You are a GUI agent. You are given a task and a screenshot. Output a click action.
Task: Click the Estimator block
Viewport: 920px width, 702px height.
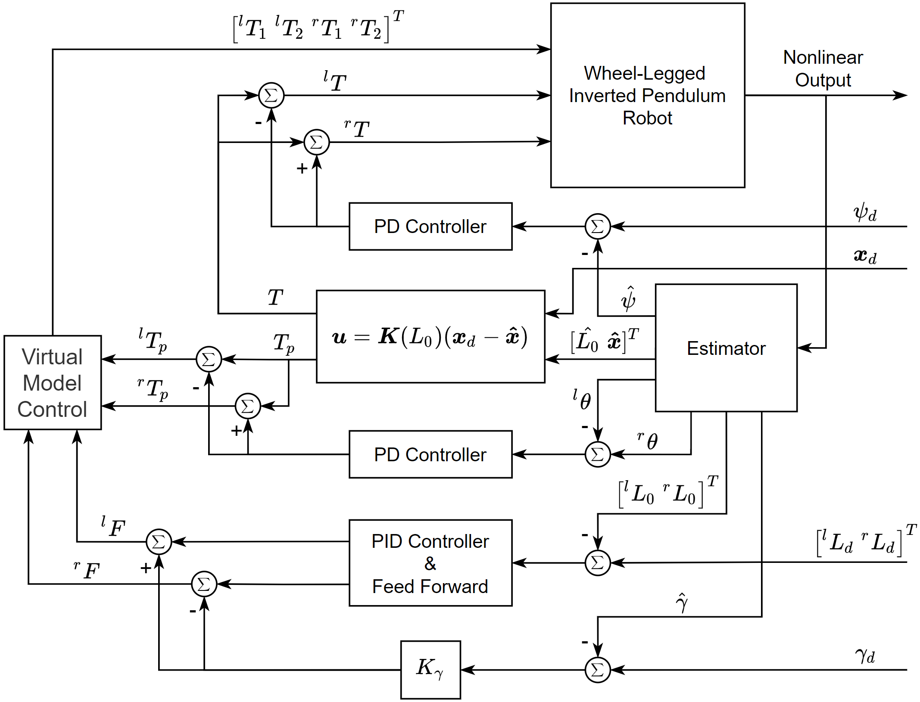click(726, 348)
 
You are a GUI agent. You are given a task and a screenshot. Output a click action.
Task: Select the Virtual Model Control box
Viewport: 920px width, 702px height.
click(53, 382)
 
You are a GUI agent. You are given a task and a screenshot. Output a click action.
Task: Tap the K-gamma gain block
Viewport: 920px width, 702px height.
click(430, 669)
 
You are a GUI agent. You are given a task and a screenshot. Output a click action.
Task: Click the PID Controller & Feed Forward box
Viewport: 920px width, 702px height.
click(430, 563)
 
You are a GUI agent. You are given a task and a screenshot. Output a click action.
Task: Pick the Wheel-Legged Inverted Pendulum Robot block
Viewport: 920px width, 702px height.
click(647, 96)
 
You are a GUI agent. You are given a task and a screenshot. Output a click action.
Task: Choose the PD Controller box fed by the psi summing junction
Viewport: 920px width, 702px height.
click(430, 227)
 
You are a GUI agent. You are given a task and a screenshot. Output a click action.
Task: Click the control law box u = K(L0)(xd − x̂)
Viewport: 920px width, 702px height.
click(430, 337)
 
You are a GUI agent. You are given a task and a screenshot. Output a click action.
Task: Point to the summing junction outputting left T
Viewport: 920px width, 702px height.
click(271, 95)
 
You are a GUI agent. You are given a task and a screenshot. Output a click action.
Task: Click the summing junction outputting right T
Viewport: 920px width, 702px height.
click(317, 142)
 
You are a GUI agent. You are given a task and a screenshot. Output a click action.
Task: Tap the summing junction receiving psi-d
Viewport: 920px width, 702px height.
click(598, 226)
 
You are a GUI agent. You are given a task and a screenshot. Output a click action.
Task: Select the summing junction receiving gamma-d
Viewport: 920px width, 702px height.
click(598, 670)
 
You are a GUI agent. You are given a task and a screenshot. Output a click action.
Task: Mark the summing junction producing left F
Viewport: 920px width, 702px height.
click(159, 542)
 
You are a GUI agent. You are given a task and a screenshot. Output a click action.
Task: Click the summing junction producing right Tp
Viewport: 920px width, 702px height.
click(248, 406)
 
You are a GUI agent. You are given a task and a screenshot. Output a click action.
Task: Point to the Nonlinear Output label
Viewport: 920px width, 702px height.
click(823, 69)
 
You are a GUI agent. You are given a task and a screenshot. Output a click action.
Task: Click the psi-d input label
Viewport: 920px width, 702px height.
click(865, 212)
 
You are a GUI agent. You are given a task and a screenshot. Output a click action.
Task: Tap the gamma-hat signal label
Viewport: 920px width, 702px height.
click(682, 603)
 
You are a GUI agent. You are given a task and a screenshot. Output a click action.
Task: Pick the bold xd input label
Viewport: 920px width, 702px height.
click(865, 256)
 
